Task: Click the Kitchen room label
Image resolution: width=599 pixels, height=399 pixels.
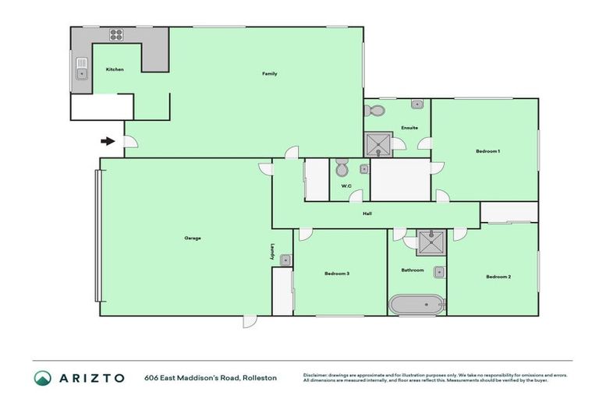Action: click(115, 70)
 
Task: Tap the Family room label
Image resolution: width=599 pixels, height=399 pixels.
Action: click(269, 74)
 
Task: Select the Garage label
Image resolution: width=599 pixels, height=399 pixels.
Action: click(193, 238)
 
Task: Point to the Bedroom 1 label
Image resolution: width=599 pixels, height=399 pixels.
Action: click(487, 151)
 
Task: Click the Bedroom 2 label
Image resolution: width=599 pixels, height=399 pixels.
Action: click(498, 277)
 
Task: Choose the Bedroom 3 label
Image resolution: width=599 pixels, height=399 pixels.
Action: click(337, 274)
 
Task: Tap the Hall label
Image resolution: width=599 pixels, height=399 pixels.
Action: click(367, 214)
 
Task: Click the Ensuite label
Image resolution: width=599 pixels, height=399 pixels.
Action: click(409, 128)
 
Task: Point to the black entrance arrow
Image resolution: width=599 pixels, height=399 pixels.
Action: click(108, 141)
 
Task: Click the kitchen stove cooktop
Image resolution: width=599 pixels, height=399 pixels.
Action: click(116, 34)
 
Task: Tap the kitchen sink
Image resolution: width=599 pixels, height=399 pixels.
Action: click(81, 73)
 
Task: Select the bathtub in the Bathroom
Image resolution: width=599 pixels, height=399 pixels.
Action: click(416, 304)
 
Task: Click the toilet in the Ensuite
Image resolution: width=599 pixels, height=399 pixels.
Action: click(374, 111)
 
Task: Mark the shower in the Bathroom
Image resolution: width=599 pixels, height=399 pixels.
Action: click(428, 243)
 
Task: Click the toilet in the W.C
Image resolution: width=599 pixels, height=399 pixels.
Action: click(342, 168)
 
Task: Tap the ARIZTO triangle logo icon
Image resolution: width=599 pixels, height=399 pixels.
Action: click(42, 377)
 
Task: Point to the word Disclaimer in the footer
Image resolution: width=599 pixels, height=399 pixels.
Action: click(315, 374)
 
